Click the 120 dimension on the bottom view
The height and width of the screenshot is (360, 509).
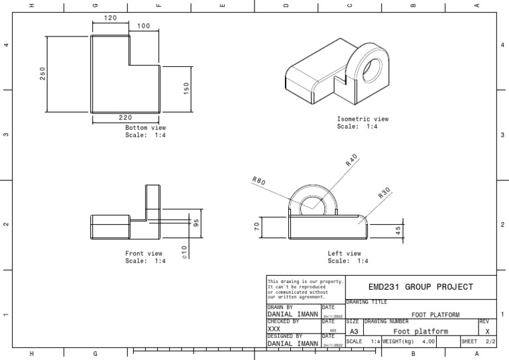click(110, 18)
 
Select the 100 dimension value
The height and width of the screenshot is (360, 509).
click(143, 26)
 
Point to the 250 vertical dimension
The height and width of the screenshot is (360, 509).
click(43, 74)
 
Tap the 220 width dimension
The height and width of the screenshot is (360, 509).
click(125, 117)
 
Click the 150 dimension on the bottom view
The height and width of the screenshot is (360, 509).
click(186, 88)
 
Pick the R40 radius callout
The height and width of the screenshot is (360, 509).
click(351, 160)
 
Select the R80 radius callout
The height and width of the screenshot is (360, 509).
click(258, 182)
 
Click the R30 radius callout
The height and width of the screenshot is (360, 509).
click(385, 193)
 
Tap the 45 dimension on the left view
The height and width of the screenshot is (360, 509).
click(398, 231)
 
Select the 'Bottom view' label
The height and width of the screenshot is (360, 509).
click(145, 127)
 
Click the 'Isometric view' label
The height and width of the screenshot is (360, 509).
click(363, 119)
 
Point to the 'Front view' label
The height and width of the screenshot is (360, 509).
click(143, 253)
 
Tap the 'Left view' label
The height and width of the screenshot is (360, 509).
click(344, 253)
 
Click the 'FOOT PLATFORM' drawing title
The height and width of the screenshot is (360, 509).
click(436, 314)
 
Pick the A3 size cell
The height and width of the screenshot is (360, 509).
click(354, 331)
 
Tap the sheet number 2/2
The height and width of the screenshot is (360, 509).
click(490, 341)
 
